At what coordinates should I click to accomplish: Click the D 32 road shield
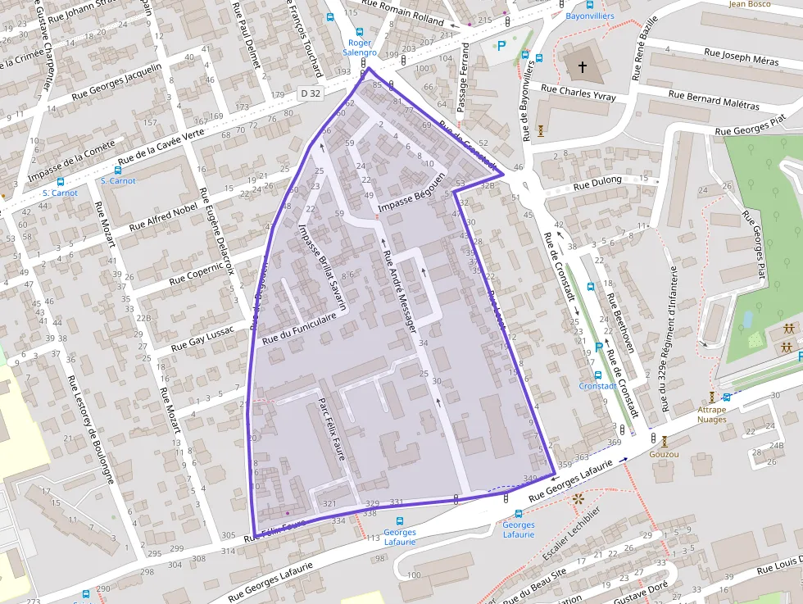(x=310, y=93)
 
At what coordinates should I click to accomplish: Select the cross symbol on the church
(x=583, y=66)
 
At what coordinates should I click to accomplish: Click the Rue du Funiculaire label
(x=300, y=328)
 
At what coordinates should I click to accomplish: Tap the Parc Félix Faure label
(x=333, y=429)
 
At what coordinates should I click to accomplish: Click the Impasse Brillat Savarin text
(x=324, y=265)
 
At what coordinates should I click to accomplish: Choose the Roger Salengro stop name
(x=360, y=48)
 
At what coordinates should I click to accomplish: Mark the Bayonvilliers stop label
(x=589, y=16)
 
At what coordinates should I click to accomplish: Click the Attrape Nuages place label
(x=711, y=415)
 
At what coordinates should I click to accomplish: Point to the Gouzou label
(x=663, y=453)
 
